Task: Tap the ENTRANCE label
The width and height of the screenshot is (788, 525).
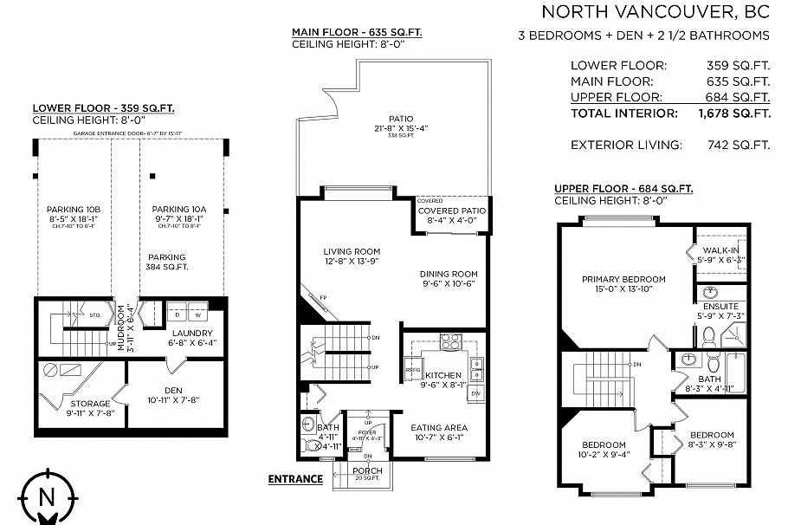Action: (x=295, y=479)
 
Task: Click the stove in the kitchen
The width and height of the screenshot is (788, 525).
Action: (x=451, y=340)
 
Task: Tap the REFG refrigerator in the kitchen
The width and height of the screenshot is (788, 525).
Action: (x=413, y=371)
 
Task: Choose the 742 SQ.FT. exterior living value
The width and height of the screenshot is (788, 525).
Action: (x=744, y=145)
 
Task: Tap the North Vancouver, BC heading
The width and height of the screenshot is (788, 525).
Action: (x=656, y=11)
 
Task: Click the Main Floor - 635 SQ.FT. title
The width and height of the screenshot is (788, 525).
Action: (x=356, y=32)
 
